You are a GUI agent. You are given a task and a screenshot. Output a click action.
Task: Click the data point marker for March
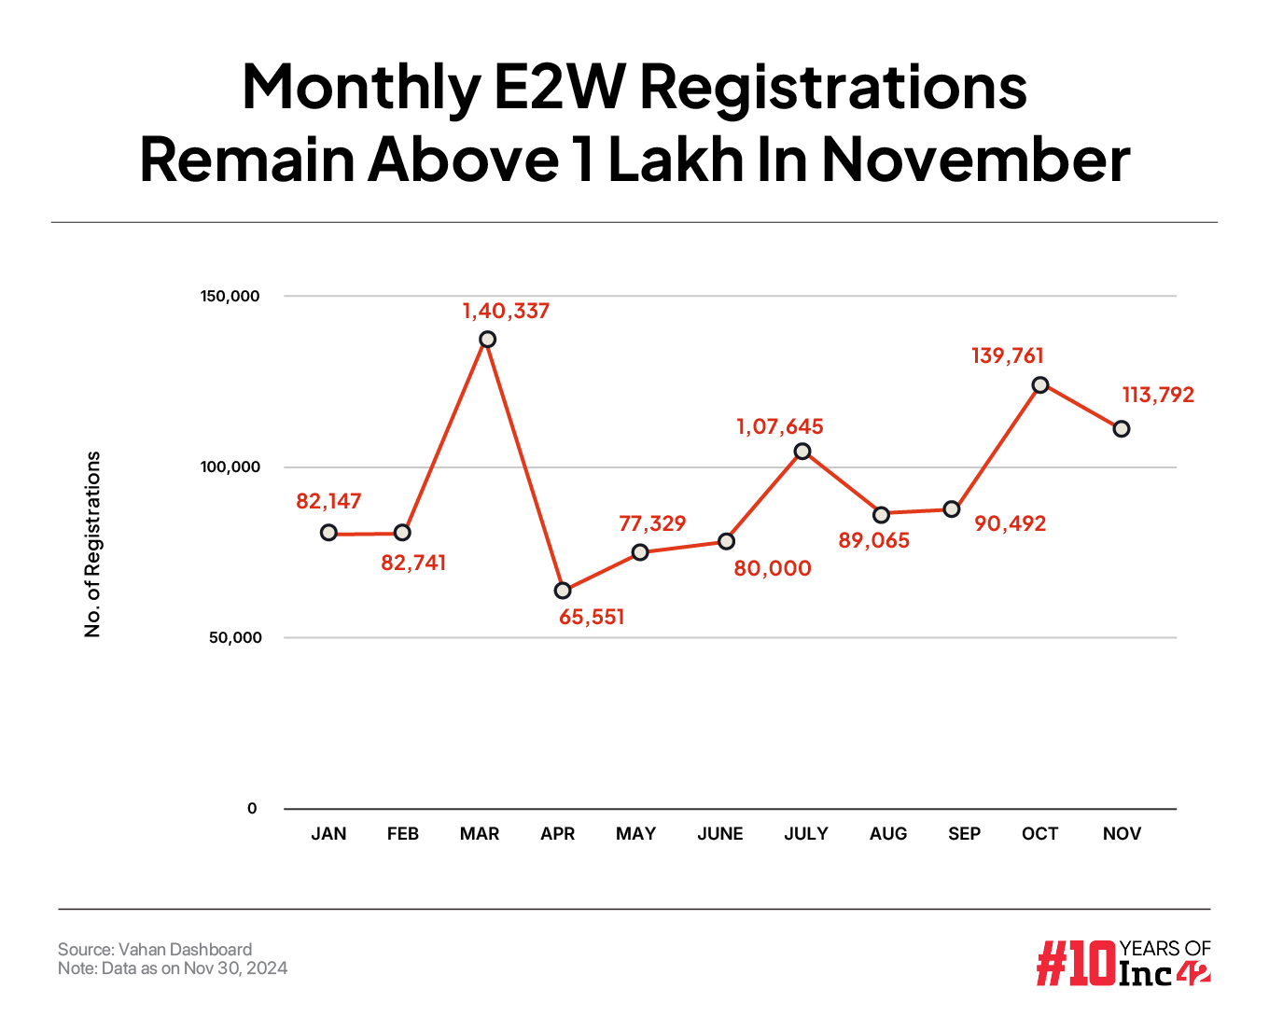(x=487, y=339)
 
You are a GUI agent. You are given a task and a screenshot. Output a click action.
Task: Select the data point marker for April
(x=563, y=591)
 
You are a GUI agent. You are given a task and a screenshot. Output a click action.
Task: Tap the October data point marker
(x=1040, y=384)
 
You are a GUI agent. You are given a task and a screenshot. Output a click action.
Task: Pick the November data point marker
(x=1122, y=428)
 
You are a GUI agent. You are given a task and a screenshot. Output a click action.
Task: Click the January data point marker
(x=328, y=532)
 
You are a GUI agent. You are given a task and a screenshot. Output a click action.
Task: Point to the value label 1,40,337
(x=506, y=311)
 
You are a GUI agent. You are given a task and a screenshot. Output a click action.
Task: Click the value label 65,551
(x=592, y=617)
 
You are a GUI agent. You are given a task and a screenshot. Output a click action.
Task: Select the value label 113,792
(x=1158, y=395)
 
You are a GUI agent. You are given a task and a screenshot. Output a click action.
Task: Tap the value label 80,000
(x=773, y=568)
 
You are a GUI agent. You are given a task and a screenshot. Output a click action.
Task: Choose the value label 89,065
(x=873, y=540)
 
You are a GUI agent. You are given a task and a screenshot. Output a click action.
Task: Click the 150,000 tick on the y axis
(x=230, y=296)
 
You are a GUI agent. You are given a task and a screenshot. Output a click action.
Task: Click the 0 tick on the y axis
(x=252, y=809)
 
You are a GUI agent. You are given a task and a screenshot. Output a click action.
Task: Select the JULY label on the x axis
(x=806, y=834)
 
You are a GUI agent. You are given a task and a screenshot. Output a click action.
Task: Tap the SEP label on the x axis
(x=964, y=834)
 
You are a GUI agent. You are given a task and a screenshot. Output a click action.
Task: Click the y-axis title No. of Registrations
(x=92, y=545)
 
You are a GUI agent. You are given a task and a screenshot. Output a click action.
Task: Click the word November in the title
(x=975, y=159)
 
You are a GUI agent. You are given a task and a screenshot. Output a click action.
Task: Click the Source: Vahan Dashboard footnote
(x=155, y=950)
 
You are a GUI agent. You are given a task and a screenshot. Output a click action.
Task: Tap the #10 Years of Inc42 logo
(x=1123, y=963)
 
